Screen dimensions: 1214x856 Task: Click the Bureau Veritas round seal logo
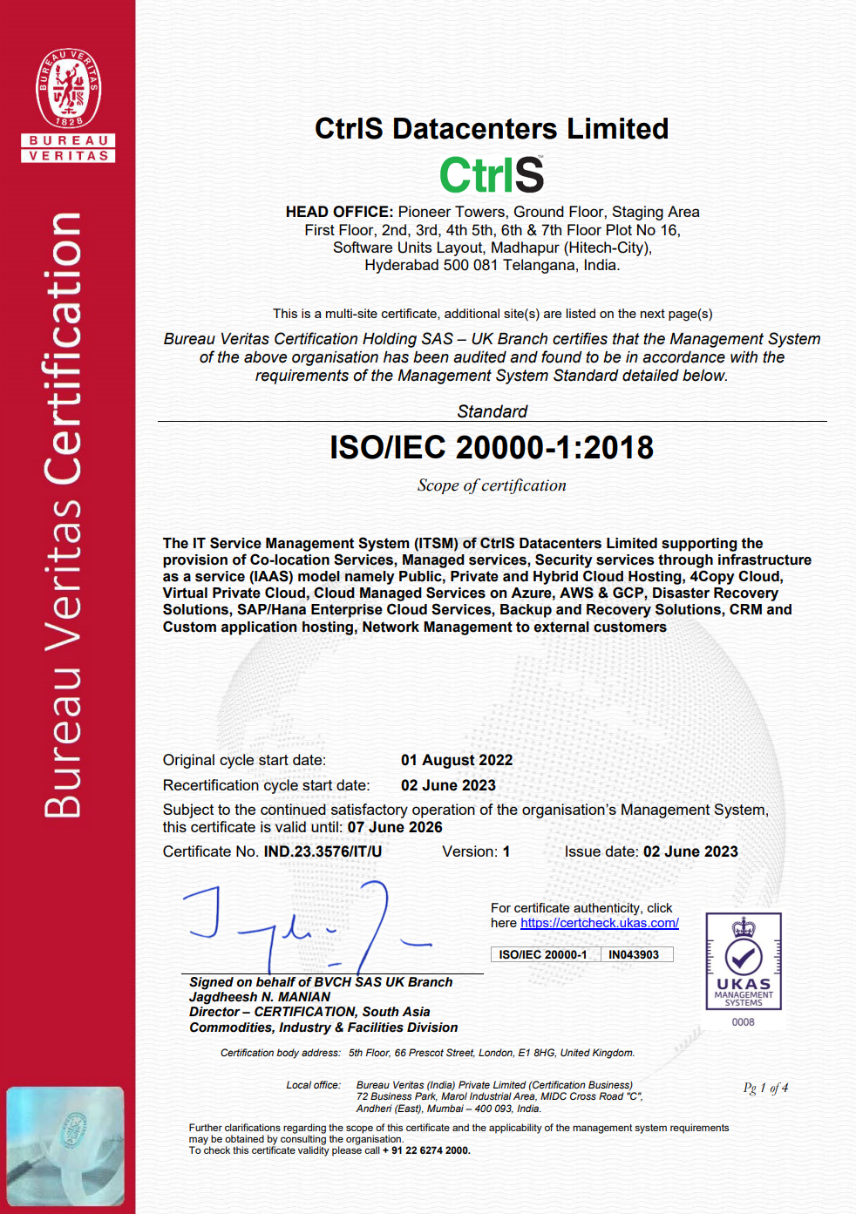coord(68,88)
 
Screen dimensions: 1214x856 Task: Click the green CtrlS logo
coord(492,174)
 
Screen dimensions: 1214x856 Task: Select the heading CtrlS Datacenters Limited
coord(492,129)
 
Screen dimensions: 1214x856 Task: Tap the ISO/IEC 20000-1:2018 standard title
coord(492,448)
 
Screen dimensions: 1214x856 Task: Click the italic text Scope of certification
coord(492,485)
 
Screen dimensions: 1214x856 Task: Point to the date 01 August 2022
coord(457,760)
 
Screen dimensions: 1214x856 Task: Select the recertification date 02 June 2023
coord(448,785)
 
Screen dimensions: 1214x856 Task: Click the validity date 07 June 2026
coord(395,827)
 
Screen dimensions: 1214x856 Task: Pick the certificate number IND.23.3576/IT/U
coord(323,851)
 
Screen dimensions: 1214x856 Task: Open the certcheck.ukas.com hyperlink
coord(600,923)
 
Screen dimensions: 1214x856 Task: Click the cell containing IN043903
coord(634,954)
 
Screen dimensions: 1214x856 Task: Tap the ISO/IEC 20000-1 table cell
coord(543,954)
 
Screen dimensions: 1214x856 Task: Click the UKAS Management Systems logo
coord(744,961)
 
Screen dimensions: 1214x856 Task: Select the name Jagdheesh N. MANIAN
coord(260,997)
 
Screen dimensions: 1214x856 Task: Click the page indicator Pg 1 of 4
coord(765,1088)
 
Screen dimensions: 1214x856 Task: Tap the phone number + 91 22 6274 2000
coord(426,1150)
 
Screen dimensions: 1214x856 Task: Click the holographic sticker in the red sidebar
coord(65,1146)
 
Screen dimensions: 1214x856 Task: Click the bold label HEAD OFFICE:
coord(339,212)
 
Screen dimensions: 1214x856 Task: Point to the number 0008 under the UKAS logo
coord(744,1022)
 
